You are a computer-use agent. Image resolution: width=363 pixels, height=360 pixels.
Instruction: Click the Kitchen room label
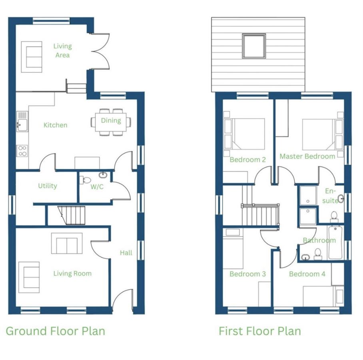[55, 125]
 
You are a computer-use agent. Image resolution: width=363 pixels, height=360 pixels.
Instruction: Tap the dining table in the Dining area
[111, 122]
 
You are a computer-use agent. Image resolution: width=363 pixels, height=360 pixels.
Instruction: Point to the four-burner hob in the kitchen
[22, 151]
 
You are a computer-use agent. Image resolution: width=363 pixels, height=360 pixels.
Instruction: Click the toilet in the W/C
[85, 180]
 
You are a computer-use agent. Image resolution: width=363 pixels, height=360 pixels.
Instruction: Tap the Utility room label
[48, 186]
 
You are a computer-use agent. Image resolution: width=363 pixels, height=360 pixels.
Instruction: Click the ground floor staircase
[72, 216]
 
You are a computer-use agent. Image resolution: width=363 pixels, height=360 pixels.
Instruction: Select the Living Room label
[72, 274]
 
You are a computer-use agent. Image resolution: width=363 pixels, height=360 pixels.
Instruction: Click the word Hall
[126, 252]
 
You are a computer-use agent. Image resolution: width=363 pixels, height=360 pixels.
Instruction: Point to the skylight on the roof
[254, 46]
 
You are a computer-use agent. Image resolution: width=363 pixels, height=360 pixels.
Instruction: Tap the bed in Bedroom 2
[244, 134]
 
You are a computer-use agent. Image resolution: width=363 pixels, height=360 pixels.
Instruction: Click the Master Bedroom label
[307, 156]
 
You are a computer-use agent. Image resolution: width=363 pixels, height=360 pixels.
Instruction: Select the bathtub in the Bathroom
[335, 242]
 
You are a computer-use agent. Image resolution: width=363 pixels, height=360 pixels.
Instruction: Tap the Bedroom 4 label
[307, 274]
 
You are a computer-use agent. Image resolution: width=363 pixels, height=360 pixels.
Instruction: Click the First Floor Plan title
[260, 331]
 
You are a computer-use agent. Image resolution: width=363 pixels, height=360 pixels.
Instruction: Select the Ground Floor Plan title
[55, 331]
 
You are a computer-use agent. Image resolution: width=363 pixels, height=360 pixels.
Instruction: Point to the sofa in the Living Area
[32, 57]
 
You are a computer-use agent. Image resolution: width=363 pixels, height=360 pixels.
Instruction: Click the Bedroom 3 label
[248, 274]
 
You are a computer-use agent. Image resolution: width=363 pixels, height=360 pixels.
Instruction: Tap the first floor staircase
[260, 214]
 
